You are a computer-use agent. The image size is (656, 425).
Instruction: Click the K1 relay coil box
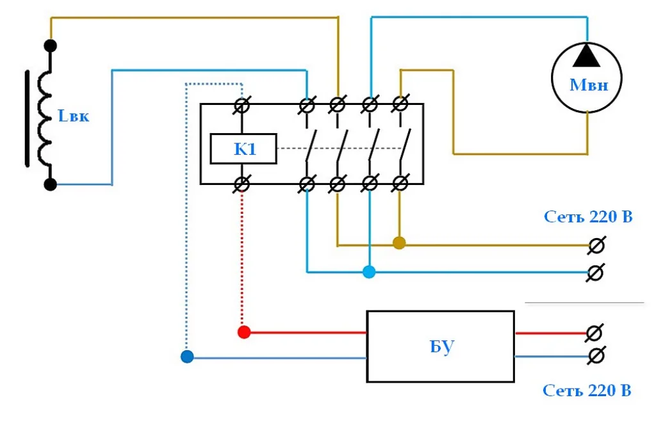(x=243, y=148)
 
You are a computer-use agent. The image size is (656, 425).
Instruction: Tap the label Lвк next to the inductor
(x=73, y=116)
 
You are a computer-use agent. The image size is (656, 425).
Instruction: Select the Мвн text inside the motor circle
(x=589, y=85)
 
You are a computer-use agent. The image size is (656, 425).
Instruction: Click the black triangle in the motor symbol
(x=587, y=55)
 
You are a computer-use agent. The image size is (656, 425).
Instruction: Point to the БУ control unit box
(x=441, y=346)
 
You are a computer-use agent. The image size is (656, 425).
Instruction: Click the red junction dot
(x=244, y=332)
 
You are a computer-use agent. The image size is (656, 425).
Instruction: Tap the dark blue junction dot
(x=187, y=357)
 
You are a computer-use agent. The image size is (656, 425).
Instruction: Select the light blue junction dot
(x=369, y=272)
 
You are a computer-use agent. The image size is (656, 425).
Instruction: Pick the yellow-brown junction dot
(x=399, y=243)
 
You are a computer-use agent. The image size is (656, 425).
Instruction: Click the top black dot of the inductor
(x=50, y=45)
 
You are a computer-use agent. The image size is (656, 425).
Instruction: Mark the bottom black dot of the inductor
(x=50, y=184)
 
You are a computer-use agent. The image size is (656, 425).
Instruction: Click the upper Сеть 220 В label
(x=588, y=217)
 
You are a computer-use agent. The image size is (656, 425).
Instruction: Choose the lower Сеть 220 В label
(x=587, y=390)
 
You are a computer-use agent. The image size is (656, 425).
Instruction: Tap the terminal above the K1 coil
(x=242, y=106)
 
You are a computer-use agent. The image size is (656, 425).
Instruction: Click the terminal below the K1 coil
(x=242, y=184)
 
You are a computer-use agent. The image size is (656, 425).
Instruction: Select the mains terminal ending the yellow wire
(x=596, y=245)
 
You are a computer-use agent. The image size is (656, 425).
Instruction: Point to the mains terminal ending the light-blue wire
(x=595, y=273)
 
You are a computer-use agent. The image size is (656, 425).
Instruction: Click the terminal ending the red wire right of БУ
(x=594, y=333)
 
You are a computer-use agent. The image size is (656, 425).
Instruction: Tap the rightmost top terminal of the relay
(x=400, y=104)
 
